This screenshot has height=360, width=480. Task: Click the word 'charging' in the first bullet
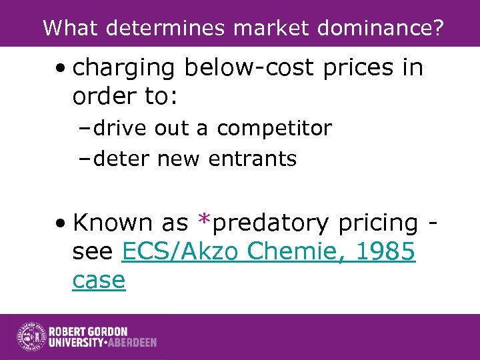point(124,69)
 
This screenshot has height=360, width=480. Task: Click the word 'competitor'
point(274,128)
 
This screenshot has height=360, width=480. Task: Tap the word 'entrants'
point(253,159)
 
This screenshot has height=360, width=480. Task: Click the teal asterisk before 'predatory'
point(205,220)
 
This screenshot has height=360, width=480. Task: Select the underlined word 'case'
point(98,281)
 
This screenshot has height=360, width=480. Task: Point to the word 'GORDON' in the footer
point(105,331)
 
